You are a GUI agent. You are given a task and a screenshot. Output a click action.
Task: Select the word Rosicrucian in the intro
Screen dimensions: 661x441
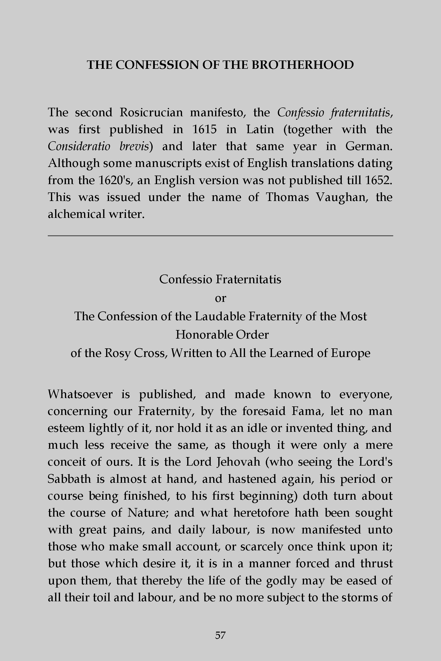(151, 112)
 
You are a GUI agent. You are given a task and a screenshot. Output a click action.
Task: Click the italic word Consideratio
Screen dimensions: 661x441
(79, 146)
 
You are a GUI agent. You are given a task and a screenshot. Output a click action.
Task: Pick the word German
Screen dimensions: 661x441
(368, 146)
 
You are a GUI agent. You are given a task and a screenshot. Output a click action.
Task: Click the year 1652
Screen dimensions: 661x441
(378, 180)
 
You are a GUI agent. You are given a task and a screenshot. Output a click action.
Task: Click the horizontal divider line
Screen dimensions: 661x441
(220, 236)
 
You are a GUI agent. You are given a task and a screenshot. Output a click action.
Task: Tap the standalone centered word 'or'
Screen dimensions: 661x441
(220, 298)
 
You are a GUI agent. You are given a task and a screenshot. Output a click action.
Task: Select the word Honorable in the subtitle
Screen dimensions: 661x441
(204, 335)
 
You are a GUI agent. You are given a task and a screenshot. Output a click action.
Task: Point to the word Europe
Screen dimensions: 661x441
(350, 353)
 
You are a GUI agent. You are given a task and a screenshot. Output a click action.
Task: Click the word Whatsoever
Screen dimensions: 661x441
(80, 394)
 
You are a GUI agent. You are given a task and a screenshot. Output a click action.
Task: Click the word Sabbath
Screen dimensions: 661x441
(69, 479)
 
